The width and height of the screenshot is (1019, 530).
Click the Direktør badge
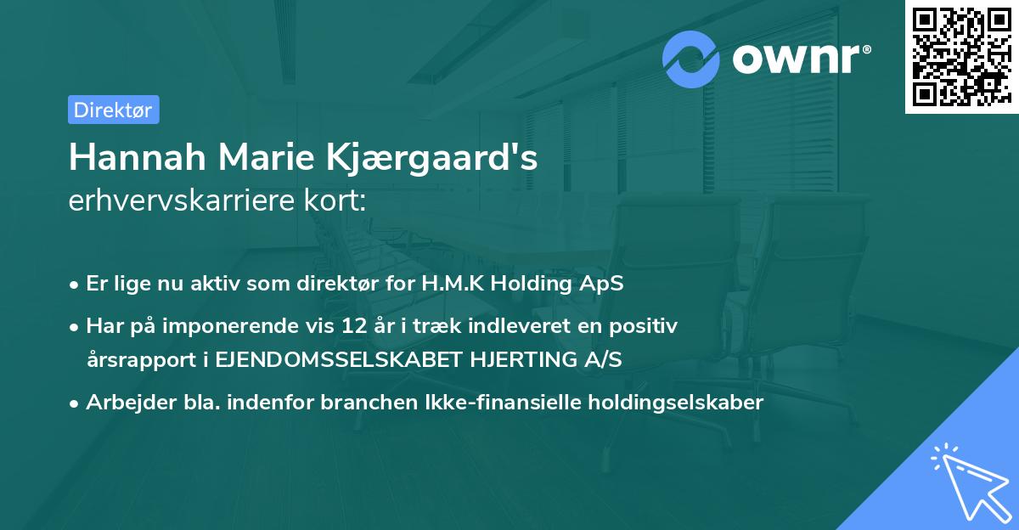tap(113, 110)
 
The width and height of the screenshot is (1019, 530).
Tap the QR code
tap(960, 56)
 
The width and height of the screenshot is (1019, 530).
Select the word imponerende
tap(225, 325)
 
